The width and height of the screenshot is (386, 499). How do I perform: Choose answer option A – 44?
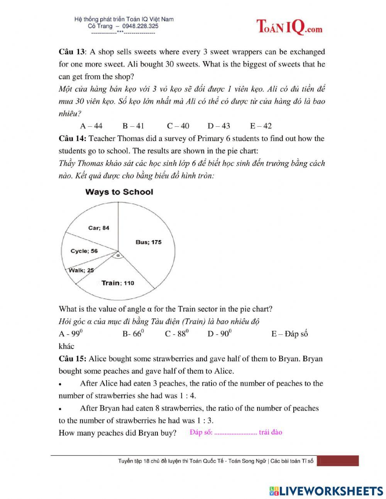[91, 126]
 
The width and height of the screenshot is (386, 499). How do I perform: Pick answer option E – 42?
[261, 126]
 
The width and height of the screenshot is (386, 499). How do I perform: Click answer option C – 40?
[178, 126]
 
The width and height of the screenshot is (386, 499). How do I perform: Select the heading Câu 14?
[72, 138]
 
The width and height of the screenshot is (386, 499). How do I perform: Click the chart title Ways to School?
[119, 192]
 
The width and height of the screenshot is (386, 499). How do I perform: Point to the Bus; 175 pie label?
[149, 242]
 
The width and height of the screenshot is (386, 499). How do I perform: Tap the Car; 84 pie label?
[99, 228]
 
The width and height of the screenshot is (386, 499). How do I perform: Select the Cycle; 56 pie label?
[84, 251]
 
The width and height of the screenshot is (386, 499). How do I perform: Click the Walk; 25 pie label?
[81, 270]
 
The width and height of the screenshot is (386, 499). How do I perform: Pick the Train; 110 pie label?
[118, 283]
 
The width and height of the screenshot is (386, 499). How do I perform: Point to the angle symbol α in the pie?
[118, 255]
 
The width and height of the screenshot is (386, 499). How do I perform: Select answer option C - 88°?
[177, 334]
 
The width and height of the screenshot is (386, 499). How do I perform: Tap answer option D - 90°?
[219, 334]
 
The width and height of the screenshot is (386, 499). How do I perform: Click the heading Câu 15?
[72, 359]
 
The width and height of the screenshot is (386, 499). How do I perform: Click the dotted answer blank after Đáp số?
[235, 433]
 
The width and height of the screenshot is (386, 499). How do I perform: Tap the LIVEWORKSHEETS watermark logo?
[326, 491]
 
